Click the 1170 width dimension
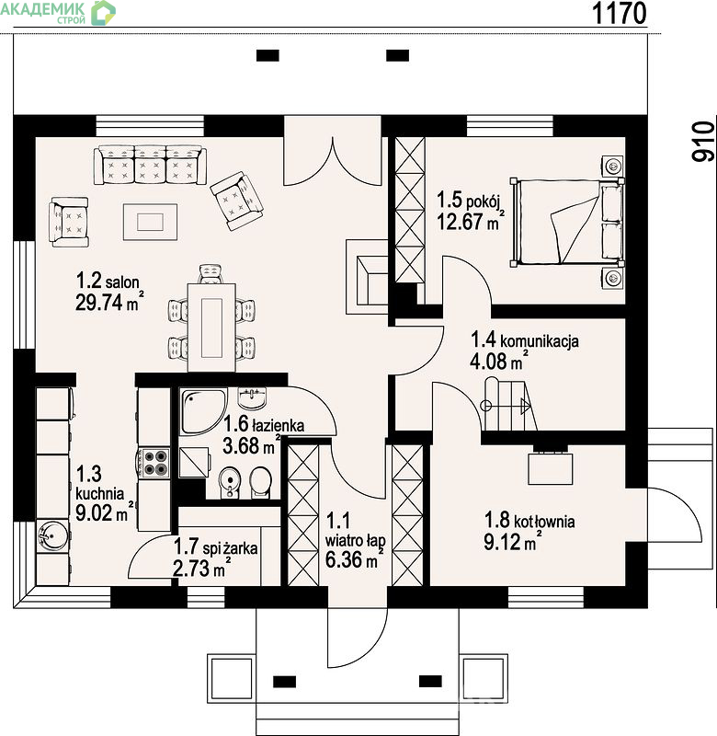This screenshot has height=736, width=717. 620,13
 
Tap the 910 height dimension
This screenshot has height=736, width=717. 703,142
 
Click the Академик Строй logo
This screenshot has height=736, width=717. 58,13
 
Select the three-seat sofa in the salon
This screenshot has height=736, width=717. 150,165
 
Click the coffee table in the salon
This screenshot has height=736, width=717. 150,222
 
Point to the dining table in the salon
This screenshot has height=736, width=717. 211,328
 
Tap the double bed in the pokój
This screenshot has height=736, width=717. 567,222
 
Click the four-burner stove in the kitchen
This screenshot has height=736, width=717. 154,463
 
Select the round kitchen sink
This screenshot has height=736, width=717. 53,535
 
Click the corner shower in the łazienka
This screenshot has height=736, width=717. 203,411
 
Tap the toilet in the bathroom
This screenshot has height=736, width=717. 260,481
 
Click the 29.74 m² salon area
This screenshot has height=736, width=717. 109,302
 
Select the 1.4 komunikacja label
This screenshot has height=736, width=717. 525,340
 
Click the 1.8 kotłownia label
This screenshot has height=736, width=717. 529,521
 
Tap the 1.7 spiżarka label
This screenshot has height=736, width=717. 216,547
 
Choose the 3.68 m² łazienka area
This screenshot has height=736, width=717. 252,445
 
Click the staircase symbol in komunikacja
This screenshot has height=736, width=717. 508,405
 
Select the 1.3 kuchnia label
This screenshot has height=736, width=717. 100,484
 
